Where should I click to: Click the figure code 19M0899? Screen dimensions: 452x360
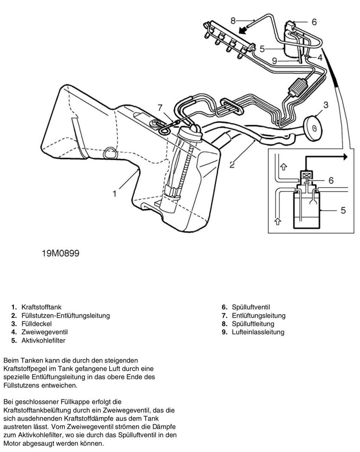point(60,253)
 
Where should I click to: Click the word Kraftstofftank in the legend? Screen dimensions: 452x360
point(41,307)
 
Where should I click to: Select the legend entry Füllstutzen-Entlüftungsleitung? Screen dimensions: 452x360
point(66,316)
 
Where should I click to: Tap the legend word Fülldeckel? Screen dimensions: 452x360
point(36,324)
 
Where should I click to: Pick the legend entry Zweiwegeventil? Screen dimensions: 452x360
point(44,332)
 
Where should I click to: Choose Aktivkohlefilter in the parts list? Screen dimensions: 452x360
point(43,341)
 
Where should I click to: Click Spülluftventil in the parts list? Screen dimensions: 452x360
point(251,307)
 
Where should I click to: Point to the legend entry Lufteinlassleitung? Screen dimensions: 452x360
point(258,332)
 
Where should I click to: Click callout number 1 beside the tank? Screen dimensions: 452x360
point(114,194)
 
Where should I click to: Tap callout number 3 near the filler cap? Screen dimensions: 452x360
point(326,105)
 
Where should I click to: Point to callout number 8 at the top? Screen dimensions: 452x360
point(233,20)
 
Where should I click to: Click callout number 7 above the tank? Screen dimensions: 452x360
point(160,107)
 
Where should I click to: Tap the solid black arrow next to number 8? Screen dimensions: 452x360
point(245,28)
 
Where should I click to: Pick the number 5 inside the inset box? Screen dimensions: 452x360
point(343,210)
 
